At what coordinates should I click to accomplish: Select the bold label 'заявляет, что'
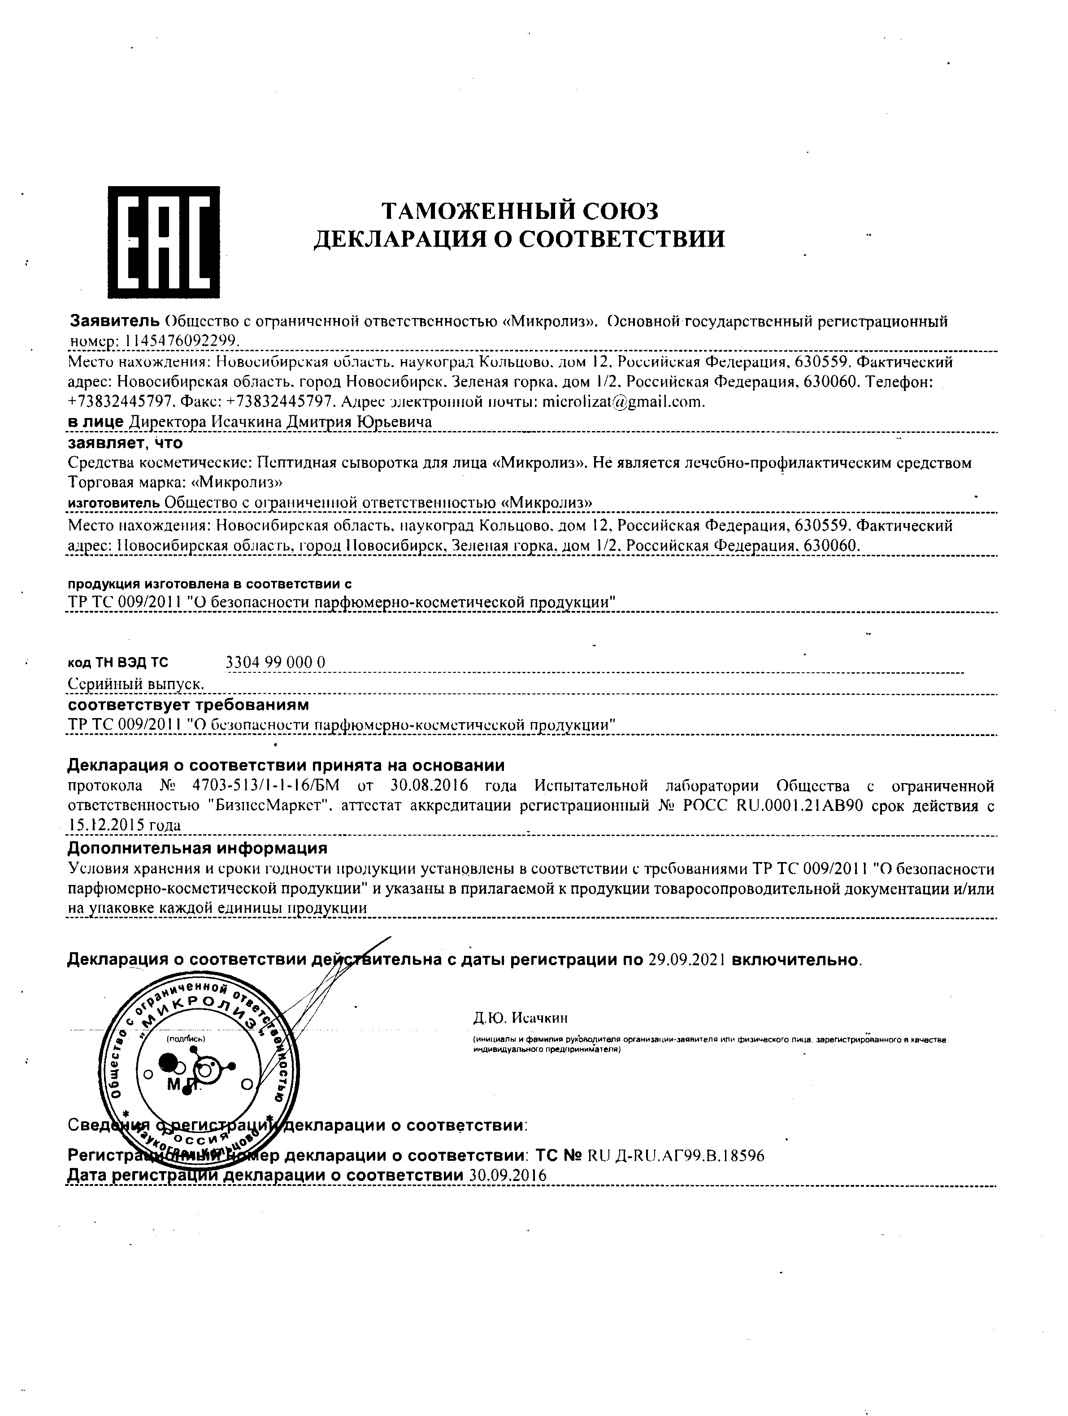point(126,442)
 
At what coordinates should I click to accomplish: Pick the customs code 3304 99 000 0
point(276,662)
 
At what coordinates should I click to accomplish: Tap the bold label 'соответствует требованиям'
point(188,705)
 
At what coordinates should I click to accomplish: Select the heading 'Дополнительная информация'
point(197,848)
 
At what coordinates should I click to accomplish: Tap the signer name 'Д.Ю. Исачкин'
point(520,1018)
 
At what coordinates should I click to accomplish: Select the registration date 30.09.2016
point(508,1175)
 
